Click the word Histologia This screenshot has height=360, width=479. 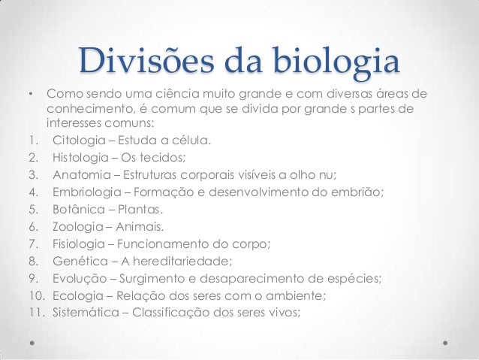(x=83, y=157)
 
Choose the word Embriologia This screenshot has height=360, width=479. (x=88, y=192)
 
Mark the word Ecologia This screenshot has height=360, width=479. (x=79, y=296)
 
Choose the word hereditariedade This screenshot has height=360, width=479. (x=191, y=262)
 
